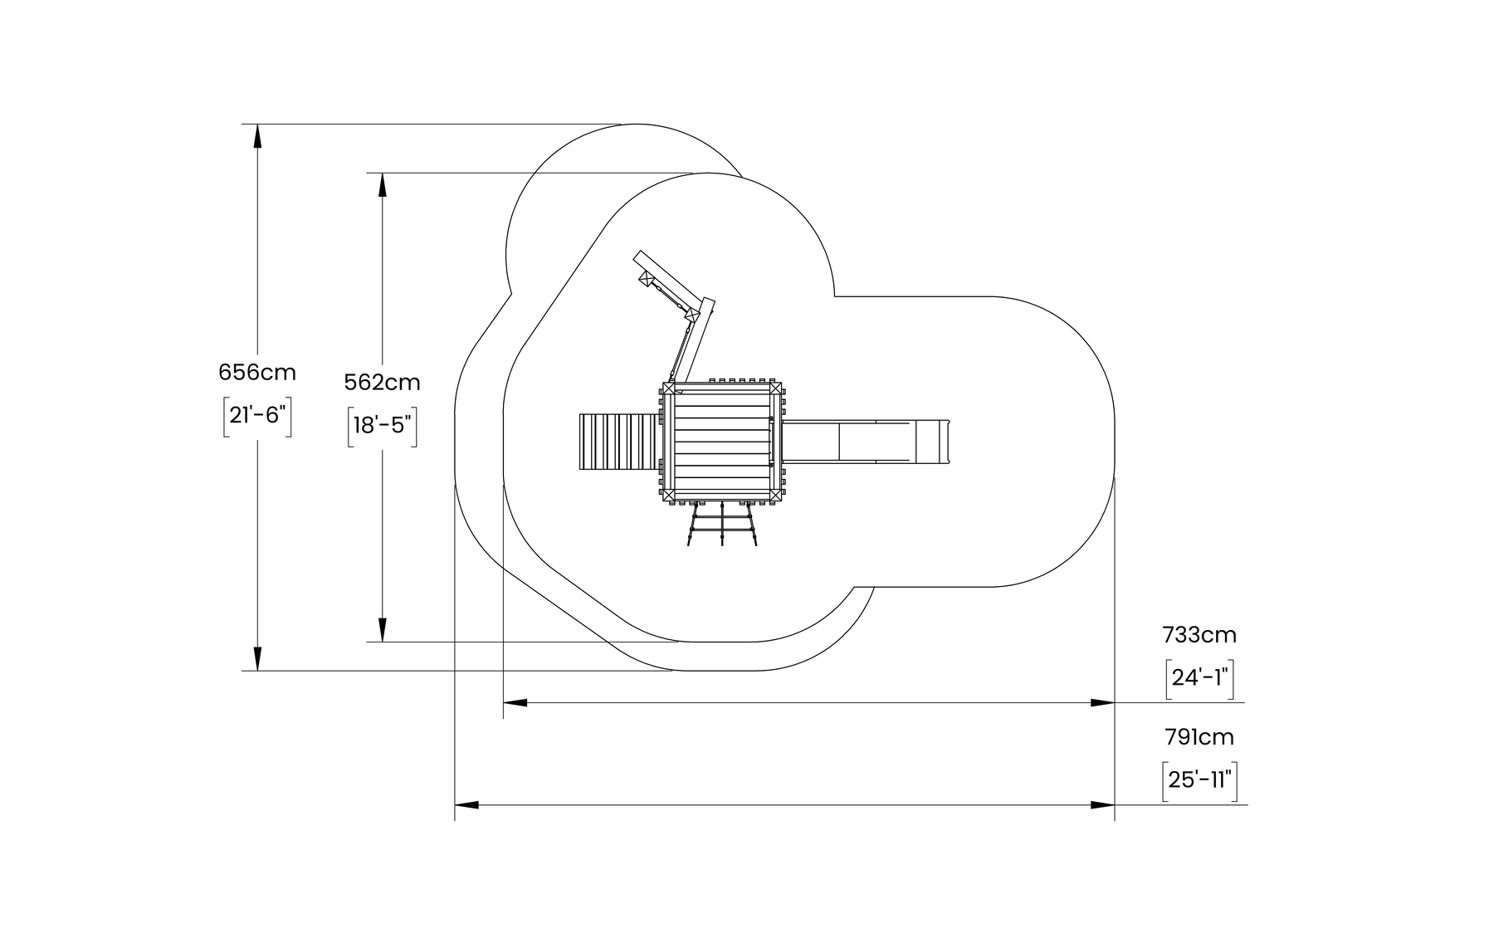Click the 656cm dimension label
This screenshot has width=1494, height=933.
coord(257,372)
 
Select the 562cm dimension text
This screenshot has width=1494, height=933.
coord(382,383)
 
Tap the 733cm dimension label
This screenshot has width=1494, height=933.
coord(1199,635)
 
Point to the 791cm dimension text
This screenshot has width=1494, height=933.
coord(1199,737)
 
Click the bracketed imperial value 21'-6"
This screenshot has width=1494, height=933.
coord(257,415)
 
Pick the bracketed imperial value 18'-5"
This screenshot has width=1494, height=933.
coord(382,425)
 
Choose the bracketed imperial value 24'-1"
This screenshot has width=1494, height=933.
coord(1199,678)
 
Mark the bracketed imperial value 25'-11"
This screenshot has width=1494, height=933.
coord(1199,780)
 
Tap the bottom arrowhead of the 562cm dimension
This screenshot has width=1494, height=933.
coord(383,630)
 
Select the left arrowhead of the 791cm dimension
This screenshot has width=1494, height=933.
coord(466,805)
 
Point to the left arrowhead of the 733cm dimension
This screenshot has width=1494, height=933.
coord(515,703)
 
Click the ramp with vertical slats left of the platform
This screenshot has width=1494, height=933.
coord(615,442)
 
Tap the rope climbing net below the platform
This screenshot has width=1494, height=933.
coord(722,525)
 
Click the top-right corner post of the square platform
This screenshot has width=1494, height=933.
coord(774,388)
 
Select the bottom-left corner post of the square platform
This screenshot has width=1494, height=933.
coord(669,496)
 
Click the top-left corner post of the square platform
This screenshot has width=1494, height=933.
coord(669,388)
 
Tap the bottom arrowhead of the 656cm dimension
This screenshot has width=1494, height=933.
coord(257,659)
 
